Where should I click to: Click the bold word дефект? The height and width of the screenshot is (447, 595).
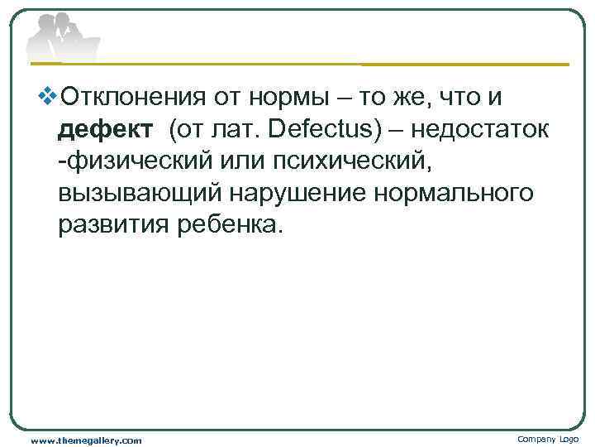click(x=106, y=129)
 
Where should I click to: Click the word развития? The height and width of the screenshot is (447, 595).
click(x=112, y=223)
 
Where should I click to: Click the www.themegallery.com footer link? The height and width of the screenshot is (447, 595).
click(x=86, y=440)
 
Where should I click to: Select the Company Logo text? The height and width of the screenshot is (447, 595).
click(x=547, y=439)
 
